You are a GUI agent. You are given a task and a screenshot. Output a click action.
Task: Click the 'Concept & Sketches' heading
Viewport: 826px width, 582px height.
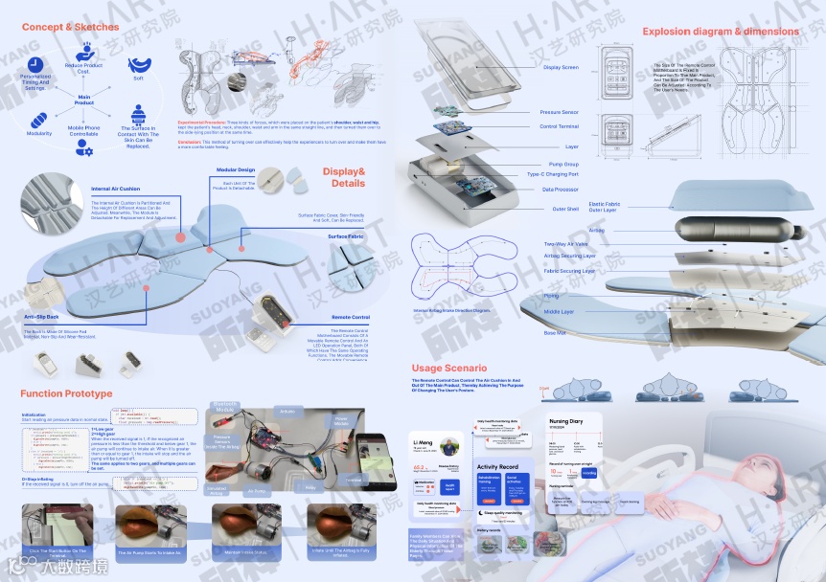click(x=70, y=27)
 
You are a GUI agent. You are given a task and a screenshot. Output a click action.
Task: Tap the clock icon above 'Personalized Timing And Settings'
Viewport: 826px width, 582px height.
click(x=36, y=63)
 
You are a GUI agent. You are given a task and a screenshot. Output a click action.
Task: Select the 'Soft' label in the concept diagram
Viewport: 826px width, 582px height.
click(x=138, y=78)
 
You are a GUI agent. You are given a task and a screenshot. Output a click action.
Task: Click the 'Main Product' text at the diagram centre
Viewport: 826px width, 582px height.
click(x=84, y=100)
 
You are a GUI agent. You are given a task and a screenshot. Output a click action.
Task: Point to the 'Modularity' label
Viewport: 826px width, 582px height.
click(x=39, y=134)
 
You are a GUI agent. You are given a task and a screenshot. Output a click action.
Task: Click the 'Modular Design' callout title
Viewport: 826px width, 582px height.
click(x=236, y=169)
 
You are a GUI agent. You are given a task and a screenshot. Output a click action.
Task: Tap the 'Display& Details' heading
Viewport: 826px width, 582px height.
click(x=344, y=177)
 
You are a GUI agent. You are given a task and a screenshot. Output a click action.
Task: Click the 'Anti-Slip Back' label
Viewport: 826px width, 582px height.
click(x=41, y=316)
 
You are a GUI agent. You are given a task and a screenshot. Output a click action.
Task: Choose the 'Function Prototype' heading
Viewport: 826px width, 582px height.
click(x=66, y=394)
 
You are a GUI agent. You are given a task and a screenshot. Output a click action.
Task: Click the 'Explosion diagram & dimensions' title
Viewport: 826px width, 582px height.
click(x=720, y=32)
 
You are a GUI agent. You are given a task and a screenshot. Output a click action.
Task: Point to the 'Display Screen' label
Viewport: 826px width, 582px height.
click(x=561, y=67)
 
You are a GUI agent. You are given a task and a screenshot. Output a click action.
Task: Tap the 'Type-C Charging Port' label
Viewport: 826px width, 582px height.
click(x=553, y=174)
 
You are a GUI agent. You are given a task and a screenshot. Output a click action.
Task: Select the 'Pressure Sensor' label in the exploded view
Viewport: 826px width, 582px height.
click(x=559, y=112)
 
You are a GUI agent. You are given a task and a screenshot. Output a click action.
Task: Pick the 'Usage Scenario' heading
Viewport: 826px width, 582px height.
click(x=449, y=368)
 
